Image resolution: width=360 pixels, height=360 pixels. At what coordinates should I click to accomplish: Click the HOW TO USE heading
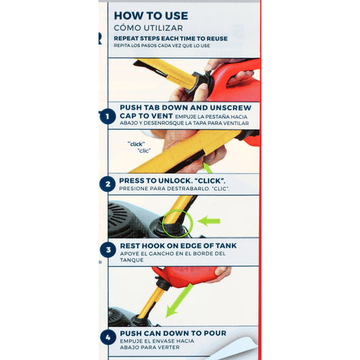coord(151,16)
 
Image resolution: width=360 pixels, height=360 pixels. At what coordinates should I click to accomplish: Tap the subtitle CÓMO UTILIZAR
coord(149,28)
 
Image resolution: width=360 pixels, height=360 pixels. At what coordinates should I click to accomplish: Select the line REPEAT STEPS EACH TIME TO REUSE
coord(171,38)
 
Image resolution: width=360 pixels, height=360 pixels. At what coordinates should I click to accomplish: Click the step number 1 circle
coord(107,116)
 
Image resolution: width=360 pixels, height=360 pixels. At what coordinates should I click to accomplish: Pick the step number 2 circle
coord(107,184)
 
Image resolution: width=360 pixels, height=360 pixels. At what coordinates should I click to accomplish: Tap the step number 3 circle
coord(108,250)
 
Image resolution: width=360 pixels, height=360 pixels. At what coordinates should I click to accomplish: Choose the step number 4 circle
coord(108,337)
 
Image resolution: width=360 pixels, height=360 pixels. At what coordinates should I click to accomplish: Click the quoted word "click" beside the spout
coord(136,144)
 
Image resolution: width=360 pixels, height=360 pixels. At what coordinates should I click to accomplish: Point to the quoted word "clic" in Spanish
coord(144,151)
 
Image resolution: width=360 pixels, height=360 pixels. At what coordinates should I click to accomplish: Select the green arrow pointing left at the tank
coord(209,221)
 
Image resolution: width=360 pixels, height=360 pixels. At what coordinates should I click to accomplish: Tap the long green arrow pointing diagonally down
coord(179,301)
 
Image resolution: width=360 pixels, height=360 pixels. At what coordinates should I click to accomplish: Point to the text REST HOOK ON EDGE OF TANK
coord(178,246)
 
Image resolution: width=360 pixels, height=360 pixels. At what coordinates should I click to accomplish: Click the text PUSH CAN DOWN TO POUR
coord(173,333)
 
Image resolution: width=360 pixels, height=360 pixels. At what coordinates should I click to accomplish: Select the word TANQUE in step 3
coord(132,260)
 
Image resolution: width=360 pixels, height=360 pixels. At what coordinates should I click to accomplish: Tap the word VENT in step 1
coord(162,115)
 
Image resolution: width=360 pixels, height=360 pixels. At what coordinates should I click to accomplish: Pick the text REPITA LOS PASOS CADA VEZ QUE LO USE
coord(162,45)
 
